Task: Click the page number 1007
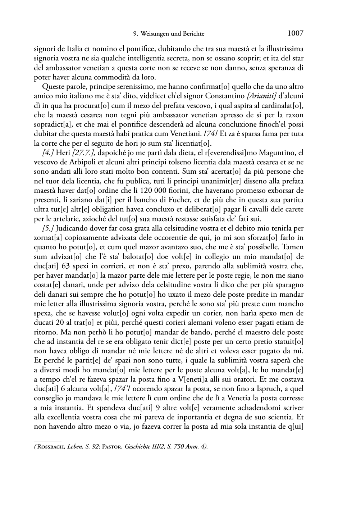[x=295, y=33]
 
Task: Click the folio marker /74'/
[x=193, y=389]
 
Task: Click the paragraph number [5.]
[x=49, y=228]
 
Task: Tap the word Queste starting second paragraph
[x=53, y=87]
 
